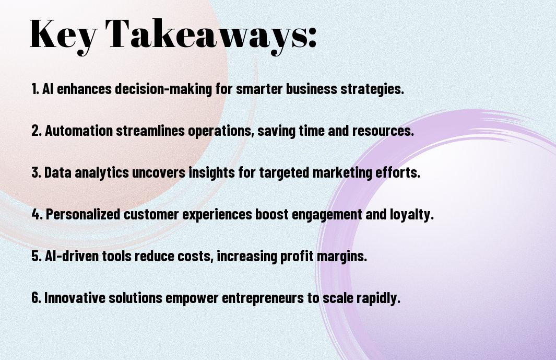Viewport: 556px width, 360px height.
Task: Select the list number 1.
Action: pos(35,89)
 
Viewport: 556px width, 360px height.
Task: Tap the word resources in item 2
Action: pos(383,131)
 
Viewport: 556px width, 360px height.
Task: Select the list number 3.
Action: pos(36,172)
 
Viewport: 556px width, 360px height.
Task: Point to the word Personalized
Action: pos(84,214)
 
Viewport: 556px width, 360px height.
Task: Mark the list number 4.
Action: pos(37,214)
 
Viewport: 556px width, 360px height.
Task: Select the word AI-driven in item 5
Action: pos(72,256)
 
